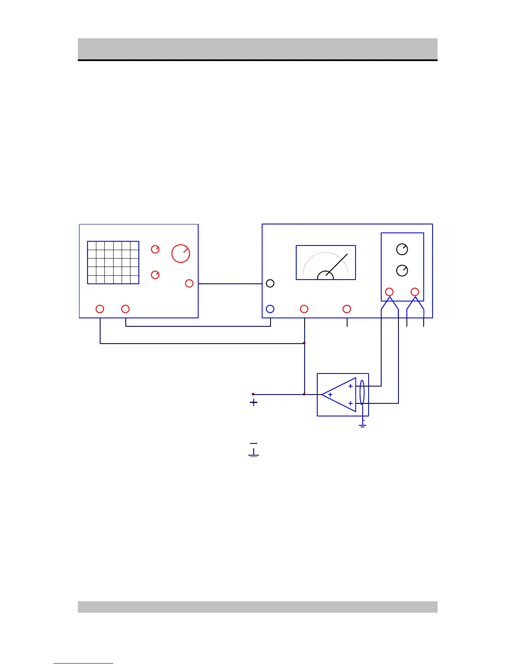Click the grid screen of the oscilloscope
[113, 262]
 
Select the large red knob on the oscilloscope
[181, 253]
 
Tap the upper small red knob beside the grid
[155, 249]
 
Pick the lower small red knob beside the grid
[155, 275]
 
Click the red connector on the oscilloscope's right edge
[189, 283]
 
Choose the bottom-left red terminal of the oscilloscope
[100, 309]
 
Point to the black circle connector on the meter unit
[270, 283]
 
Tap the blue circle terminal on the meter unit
[270, 309]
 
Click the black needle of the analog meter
[337, 264]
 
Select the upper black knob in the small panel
[402, 249]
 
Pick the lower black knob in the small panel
[402, 270]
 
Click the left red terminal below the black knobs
[390, 292]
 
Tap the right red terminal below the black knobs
[415, 292]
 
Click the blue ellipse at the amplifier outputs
[362, 392]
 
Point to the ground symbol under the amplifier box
[363, 425]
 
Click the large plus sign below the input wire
[253, 403]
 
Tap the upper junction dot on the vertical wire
[304, 343]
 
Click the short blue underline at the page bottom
[83, 663]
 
